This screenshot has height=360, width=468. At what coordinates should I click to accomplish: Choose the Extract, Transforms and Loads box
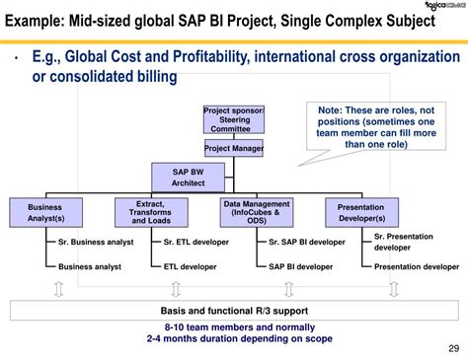tap(151, 212)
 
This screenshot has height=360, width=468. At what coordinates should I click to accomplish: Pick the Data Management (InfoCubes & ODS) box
tap(257, 212)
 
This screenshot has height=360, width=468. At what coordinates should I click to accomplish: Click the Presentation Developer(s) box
tap(361, 213)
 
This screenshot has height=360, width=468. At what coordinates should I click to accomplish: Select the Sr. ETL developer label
tap(196, 242)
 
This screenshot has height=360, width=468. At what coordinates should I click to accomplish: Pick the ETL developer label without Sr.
tap(192, 266)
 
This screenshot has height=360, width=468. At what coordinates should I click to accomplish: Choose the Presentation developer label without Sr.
tap(416, 266)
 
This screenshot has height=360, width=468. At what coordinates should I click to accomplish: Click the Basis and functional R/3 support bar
tap(233, 311)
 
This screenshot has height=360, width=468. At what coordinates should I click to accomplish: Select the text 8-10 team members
tap(206, 326)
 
